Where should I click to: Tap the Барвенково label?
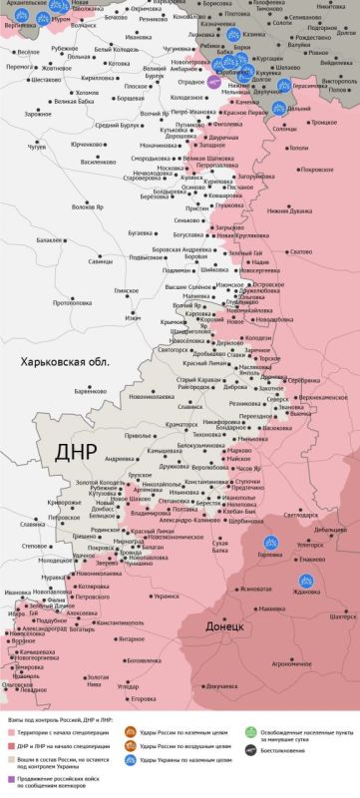88,391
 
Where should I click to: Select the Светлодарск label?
300,516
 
